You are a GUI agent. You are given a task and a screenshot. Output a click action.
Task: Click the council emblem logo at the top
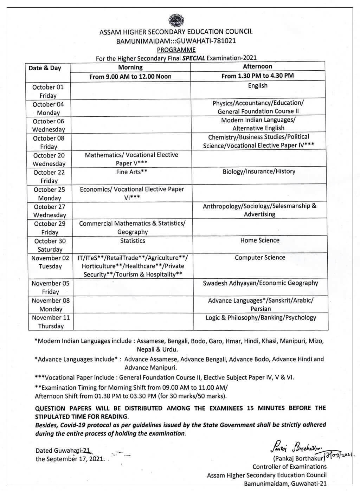pyautogui.click(x=176, y=20)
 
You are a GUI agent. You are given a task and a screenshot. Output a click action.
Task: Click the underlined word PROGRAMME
pyautogui.click(x=176, y=50)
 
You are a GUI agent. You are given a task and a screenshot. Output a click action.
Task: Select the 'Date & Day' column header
pyautogui.click(x=45, y=68)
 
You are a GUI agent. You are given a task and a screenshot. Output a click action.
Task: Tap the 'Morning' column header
pyautogui.click(x=130, y=67)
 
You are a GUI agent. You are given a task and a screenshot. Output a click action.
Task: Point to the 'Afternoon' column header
pyautogui.click(x=257, y=66)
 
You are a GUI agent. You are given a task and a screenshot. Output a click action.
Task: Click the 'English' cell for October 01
pyautogui.click(x=258, y=86)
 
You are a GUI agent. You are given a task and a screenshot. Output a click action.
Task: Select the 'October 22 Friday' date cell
pyautogui.click(x=49, y=176)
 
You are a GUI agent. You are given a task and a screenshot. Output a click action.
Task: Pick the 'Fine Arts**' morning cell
pyautogui.click(x=131, y=172)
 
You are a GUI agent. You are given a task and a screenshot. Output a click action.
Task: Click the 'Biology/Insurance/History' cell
pyautogui.click(x=259, y=172)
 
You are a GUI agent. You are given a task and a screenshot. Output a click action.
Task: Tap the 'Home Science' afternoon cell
pyautogui.click(x=260, y=240)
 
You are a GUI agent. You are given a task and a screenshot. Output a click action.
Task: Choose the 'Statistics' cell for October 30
pyautogui.click(x=132, y=241)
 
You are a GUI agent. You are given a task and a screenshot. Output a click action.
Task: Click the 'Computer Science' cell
pyautogui.click(x=260, y=258)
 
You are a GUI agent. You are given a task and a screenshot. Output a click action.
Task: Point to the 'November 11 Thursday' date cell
pyautogui.click(x=51, y=322)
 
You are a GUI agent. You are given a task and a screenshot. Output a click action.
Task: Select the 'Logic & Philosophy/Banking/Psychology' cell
pyautogui.click(x=261, y=318)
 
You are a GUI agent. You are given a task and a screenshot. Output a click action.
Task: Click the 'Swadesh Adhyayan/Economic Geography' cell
pyautogui.click(x=260, y=283)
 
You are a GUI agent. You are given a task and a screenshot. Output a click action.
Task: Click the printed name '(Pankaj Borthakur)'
pyautogui.click(x=298, y=458)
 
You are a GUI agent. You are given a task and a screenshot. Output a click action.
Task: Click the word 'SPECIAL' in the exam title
pyautogui.click(x=193, y=58)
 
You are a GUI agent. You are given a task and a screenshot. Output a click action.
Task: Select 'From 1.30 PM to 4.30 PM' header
pyautogui.click(x=257, y=76)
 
